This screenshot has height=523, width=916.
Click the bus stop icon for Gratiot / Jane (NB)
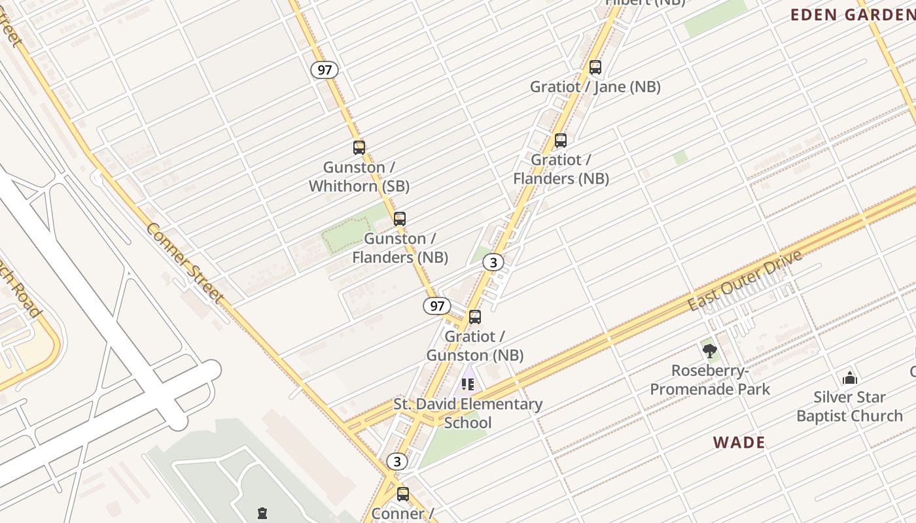(x=595, y=67)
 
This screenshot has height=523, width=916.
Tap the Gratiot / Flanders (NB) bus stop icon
(x=560, y=140)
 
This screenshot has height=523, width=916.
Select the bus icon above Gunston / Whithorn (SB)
(x=359, y=147)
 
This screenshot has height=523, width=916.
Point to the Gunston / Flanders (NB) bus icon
(x=399, y=218)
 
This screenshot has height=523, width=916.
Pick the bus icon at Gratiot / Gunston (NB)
(x=475, y=317)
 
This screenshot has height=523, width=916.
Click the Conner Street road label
(x=185, y=263)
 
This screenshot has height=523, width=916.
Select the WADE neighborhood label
(x=739, y=443)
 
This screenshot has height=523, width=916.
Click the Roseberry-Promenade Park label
(x=710, y=380)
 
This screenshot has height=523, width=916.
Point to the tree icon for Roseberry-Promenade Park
(x=709, y=351)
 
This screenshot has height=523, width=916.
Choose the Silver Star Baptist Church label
(x=849, y=406)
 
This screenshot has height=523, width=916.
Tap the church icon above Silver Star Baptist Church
(x=849, y=377)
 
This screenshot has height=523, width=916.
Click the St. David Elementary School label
(x=468, y=413)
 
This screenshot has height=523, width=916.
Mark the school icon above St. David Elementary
(x=467, y=384)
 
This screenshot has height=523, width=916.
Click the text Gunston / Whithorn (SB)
(x=359, y=177)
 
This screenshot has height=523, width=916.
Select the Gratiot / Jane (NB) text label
(x=595, y=86)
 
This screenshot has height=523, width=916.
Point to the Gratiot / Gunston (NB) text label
(x=475, y=346)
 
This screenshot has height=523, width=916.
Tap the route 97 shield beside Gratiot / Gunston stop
(x=436, y=305)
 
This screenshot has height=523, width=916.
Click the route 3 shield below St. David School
(x=396, y=462)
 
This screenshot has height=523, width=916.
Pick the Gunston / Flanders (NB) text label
(x=400, y=248)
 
